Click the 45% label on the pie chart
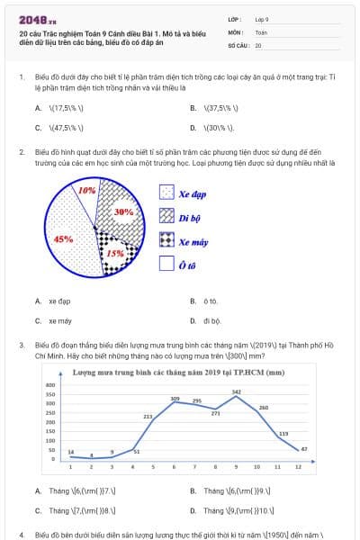point(64,239)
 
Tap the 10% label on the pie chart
point(87,191)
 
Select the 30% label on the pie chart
point(124,211)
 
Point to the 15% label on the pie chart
point(115,254)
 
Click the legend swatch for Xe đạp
point(166,193)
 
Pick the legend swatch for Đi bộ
point(166,216)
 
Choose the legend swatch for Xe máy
point(166,240)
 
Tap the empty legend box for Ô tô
point(166,264)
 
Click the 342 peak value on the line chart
point(236,391)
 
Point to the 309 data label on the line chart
point(175,398)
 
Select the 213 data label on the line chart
point(148,417)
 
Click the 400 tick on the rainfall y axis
point(50,385)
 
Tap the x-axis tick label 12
point(298,467)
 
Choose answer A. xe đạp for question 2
point(55,301)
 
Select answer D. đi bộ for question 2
point(206,319)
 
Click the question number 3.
point(21,344)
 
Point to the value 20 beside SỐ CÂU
point(258,44)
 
